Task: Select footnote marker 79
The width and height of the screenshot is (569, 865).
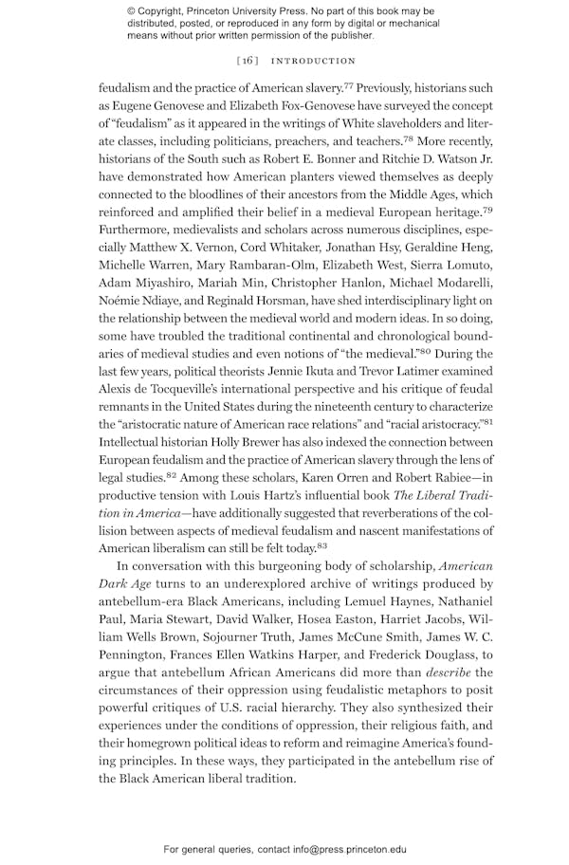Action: click(x=486, y=210)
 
